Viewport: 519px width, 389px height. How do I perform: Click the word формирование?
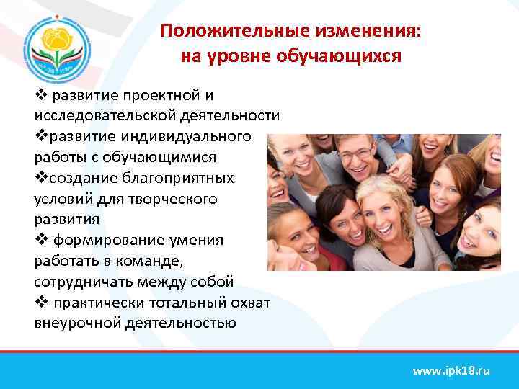[115, 240]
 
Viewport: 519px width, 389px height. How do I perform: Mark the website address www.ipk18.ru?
[451, 371]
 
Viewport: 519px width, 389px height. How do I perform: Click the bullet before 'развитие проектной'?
[40, 95]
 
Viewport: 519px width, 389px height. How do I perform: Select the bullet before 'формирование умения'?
[40, 240]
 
